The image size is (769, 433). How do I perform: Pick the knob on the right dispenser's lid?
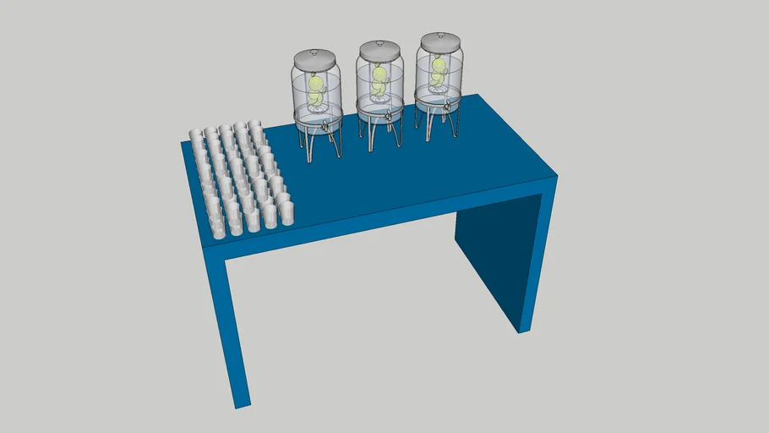click(x=440, y=35)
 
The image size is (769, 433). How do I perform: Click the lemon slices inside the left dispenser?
click(x=316, y=89)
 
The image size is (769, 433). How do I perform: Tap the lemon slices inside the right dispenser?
click(x=439, y=71)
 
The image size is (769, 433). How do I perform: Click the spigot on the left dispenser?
click(x=325, y=126)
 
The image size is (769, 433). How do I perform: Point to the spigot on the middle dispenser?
click(x=388, y=117)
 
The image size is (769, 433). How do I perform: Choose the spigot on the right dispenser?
click(x=447, y=107)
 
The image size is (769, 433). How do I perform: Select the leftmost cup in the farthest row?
click(x=195, y=135)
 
